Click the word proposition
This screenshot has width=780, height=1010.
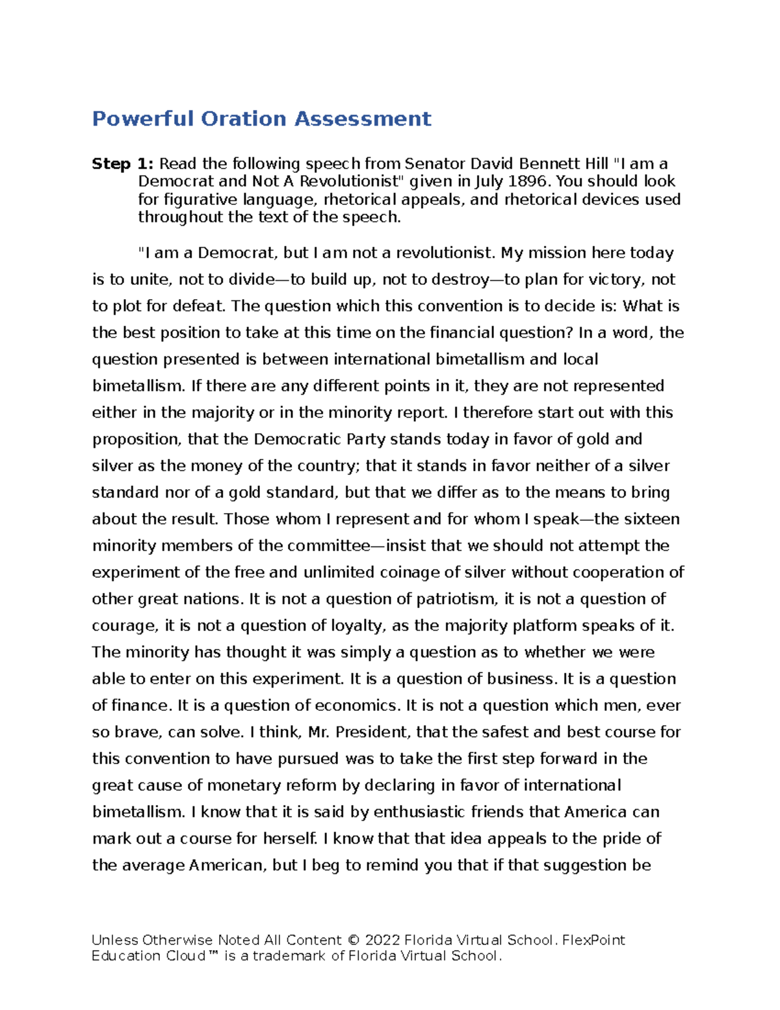click(x=135, y=440)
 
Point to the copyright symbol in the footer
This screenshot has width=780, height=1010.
click(x=353, y=940)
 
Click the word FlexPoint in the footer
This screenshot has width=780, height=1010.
click(x=593, y=940)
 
